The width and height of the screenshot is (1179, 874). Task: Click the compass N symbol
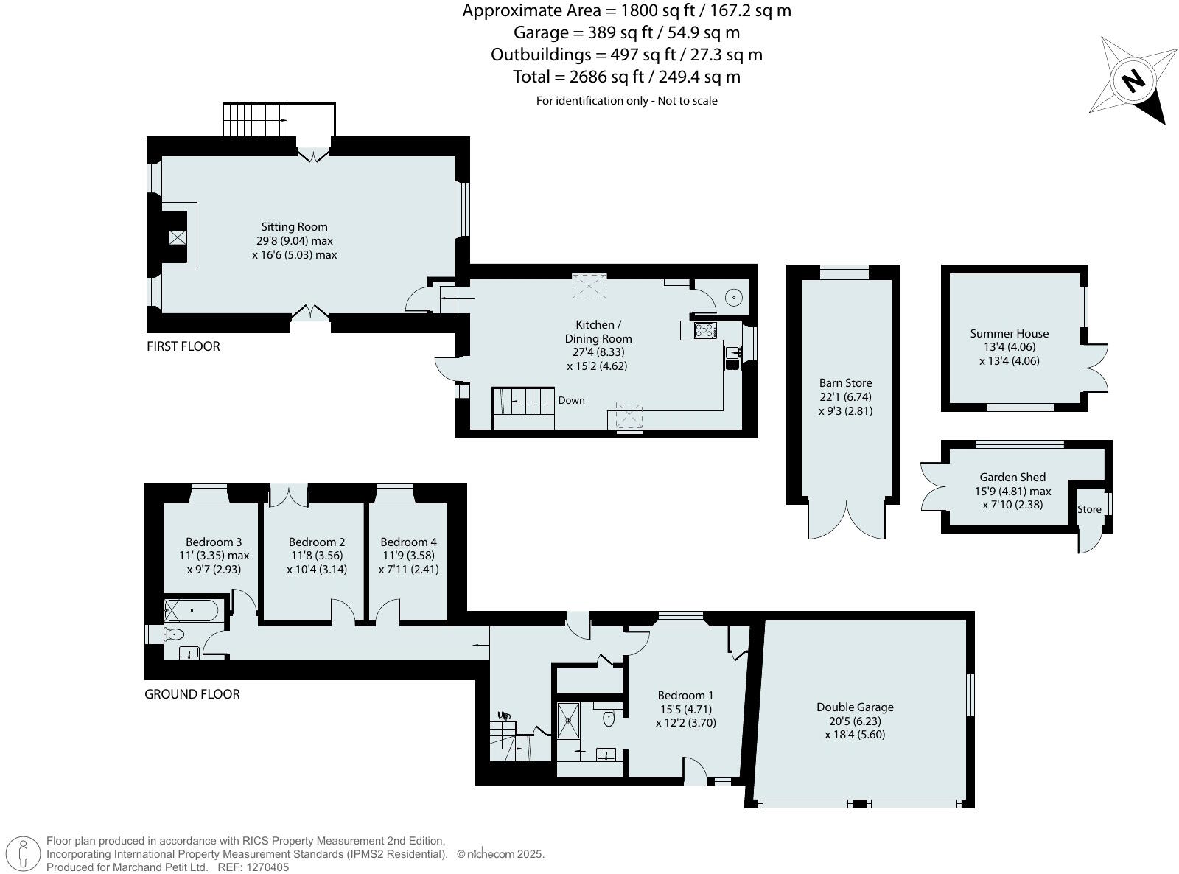pyautogui.click(x=1133, y=80)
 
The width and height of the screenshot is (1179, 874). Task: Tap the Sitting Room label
pyautogui.click(x=294, y=227)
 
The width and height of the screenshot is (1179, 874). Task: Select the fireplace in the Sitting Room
pyautogui.click(x=177, y=237)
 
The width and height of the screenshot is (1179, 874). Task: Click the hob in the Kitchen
pyautogui.click(x=704, y=330)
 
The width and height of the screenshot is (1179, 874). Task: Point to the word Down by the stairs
pyautogui.click(x=571, y=400)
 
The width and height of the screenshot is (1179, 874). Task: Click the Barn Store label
pyautogui.click(x=845, y=382)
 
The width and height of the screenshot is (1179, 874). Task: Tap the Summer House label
pyautogui.click(x=1009, y=333)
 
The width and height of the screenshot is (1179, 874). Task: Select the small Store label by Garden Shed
pyautogui.click(x=1089, y=509)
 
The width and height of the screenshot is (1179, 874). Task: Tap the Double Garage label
pyautogui.click(x=855, y=707)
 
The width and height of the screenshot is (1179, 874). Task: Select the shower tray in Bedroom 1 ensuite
pyautogui.click(x=569, y=719)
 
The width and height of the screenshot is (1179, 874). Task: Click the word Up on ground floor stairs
pyautogui.click(x=504, y=716)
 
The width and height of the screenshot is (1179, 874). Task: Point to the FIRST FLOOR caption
pyautogui.click(x=183, y=346)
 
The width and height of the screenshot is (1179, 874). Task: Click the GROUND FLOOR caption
pyautogui.click(x=192, y=694)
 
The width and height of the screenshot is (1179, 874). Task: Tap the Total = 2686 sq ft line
pyautogui.click(x=626, y=77)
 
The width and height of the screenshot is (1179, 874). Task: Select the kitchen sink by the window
pyautogui.click(x=732, y=353)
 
